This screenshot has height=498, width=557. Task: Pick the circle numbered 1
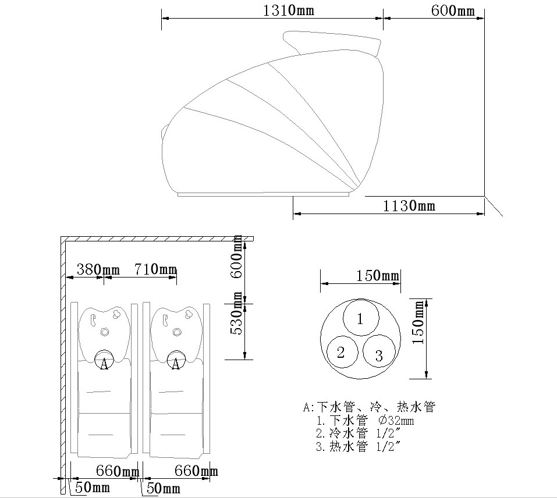tap(360, 318)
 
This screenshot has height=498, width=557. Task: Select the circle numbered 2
tap(341, 352)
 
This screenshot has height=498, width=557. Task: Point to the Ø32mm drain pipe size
tap(396, 421)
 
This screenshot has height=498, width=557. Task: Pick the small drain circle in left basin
tap(105, 332)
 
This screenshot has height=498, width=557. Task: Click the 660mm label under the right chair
tap(196, 471)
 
